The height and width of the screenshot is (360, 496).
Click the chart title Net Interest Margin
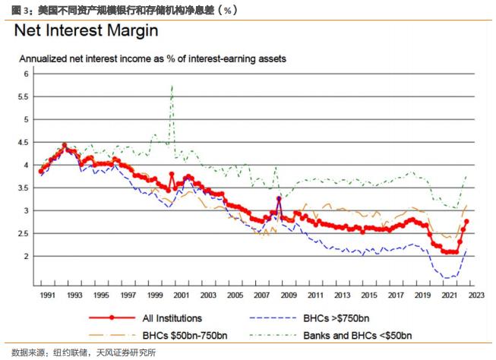tap(87, 32)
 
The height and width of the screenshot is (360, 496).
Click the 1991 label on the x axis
tap(47, 295)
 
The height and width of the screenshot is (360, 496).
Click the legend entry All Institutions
tap(172, 319)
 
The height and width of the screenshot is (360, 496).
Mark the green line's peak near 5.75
tap(172, 86)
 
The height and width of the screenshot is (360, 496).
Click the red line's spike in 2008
tap(280, 198)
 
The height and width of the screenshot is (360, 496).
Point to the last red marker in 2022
tap(466, 222)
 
